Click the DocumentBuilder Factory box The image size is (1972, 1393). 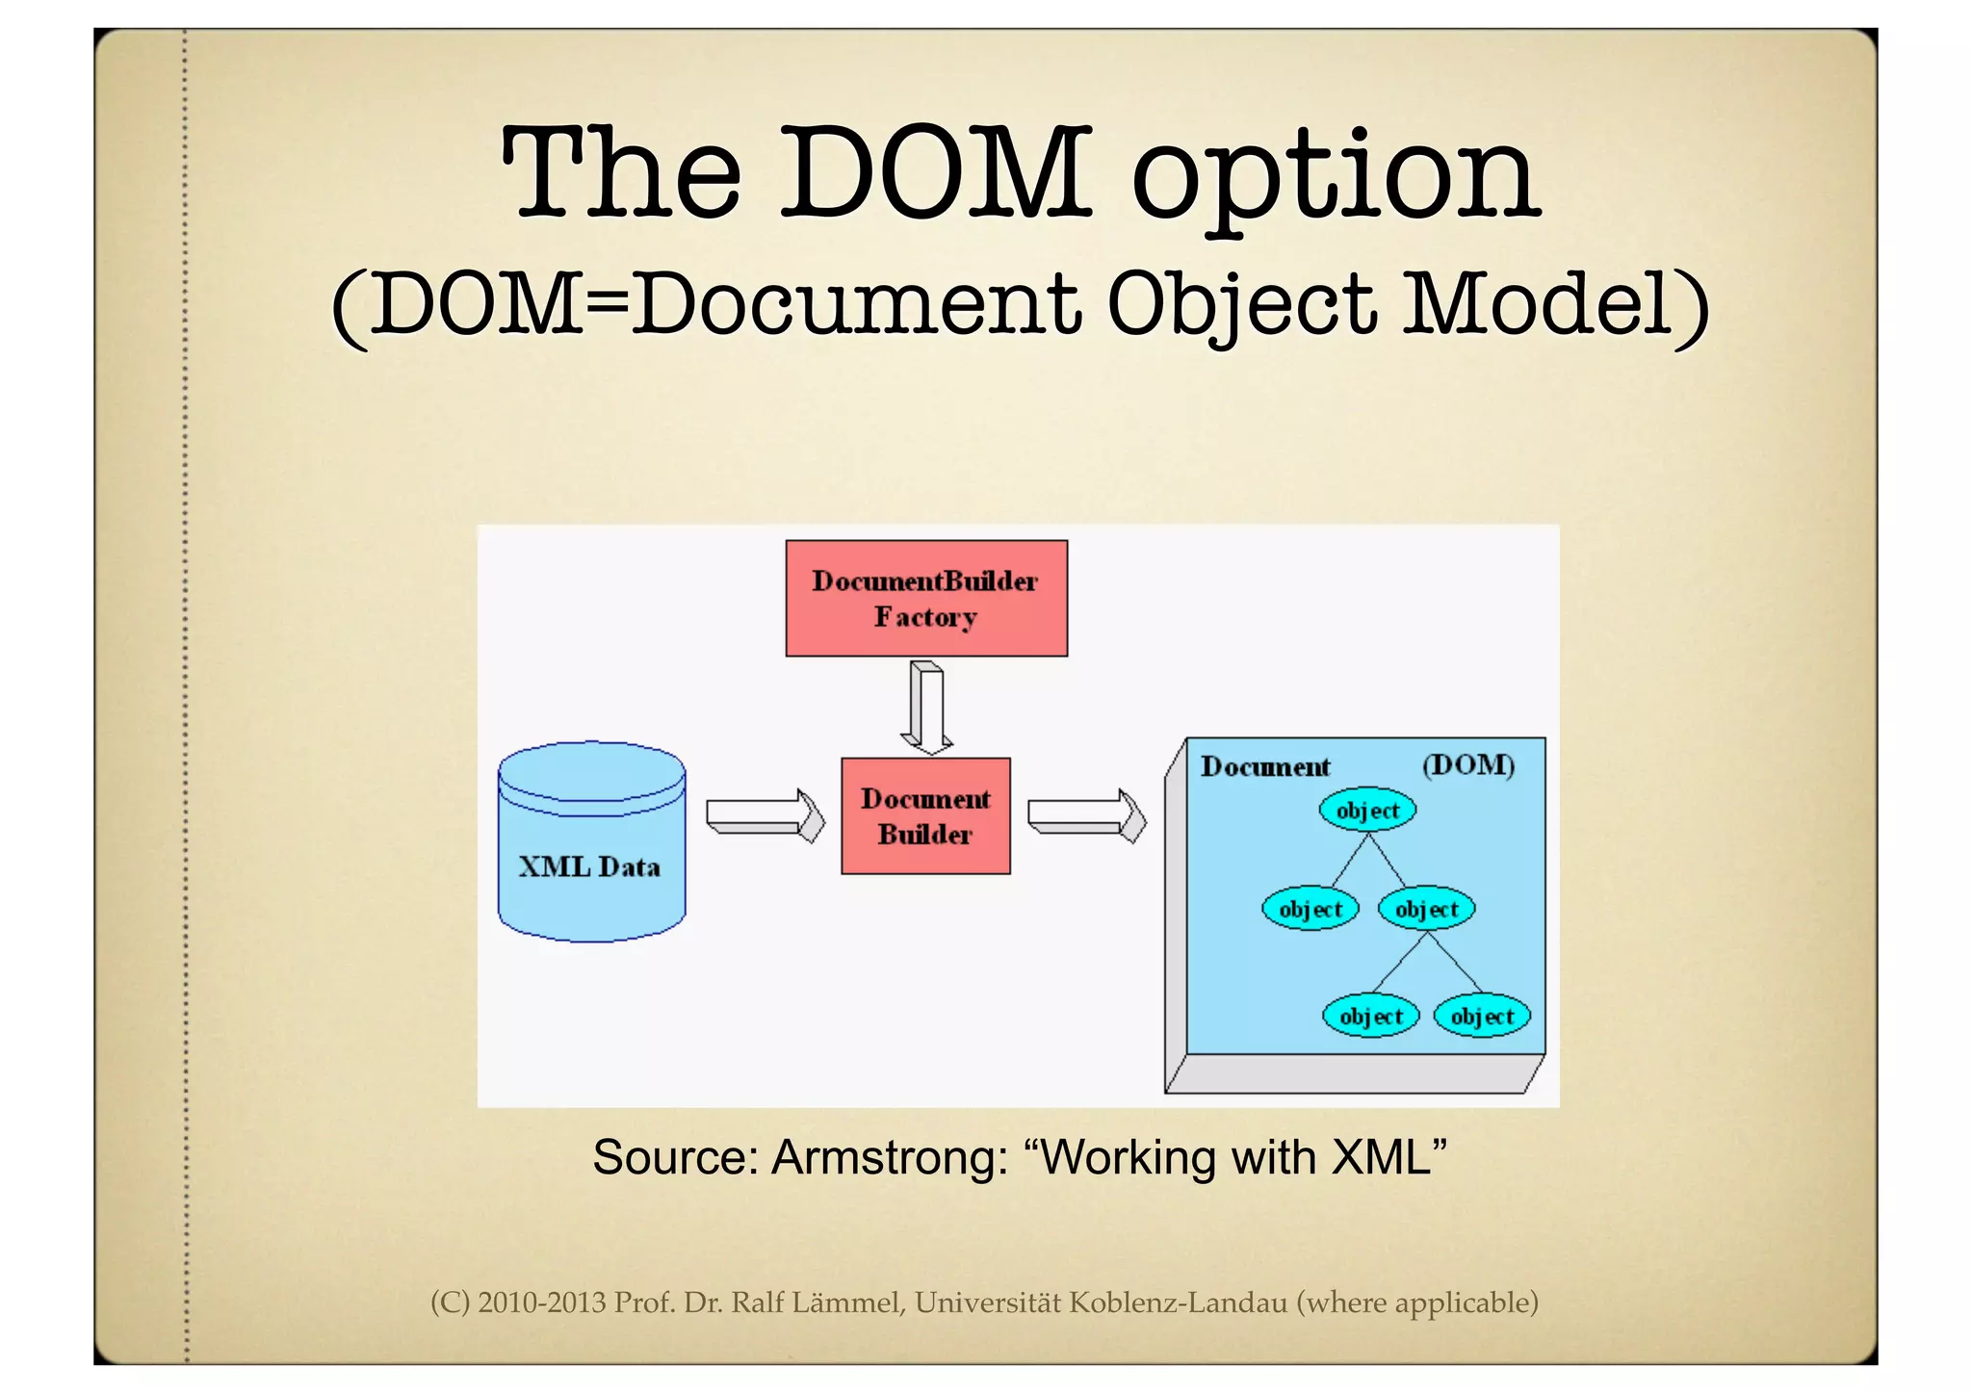tap(925, 598)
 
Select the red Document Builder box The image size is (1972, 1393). tap(925, 815)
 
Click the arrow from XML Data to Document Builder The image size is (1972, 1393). tap(765, 815)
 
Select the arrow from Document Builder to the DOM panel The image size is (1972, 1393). tap(1086, 815)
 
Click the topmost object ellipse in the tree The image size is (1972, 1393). tap(1367, 810)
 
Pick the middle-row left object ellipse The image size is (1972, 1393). tap(1310, 908)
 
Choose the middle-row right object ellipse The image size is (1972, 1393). tap(1426, 908)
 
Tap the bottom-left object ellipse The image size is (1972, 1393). tap(1370, 1016)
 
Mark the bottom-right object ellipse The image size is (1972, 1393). tap(1482, 1016)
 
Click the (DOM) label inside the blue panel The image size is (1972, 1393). tap(1468, 765)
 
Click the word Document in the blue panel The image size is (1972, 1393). tap(1265, 767)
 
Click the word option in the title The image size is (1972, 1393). tap(1336, 178)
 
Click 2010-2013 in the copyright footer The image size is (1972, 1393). tap(542, 1303)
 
